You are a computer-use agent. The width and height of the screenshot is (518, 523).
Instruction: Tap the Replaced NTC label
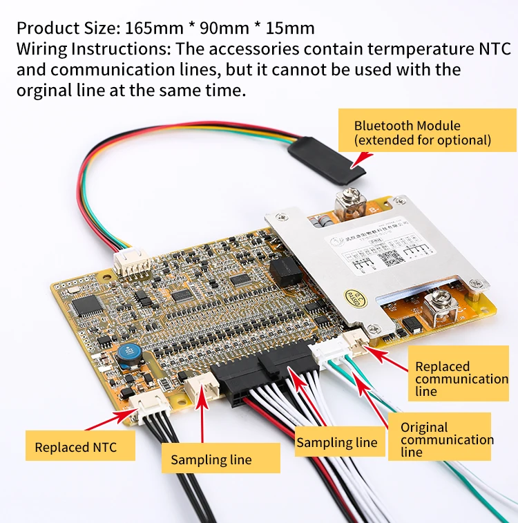(76, 446)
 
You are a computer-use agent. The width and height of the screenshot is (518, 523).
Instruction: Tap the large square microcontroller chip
(88, 305)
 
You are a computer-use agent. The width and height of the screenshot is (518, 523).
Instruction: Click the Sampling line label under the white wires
(337, 442)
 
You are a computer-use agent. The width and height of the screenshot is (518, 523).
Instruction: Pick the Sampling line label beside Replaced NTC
(211, 459)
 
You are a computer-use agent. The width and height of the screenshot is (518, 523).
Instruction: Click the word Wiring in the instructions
(41, 49)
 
